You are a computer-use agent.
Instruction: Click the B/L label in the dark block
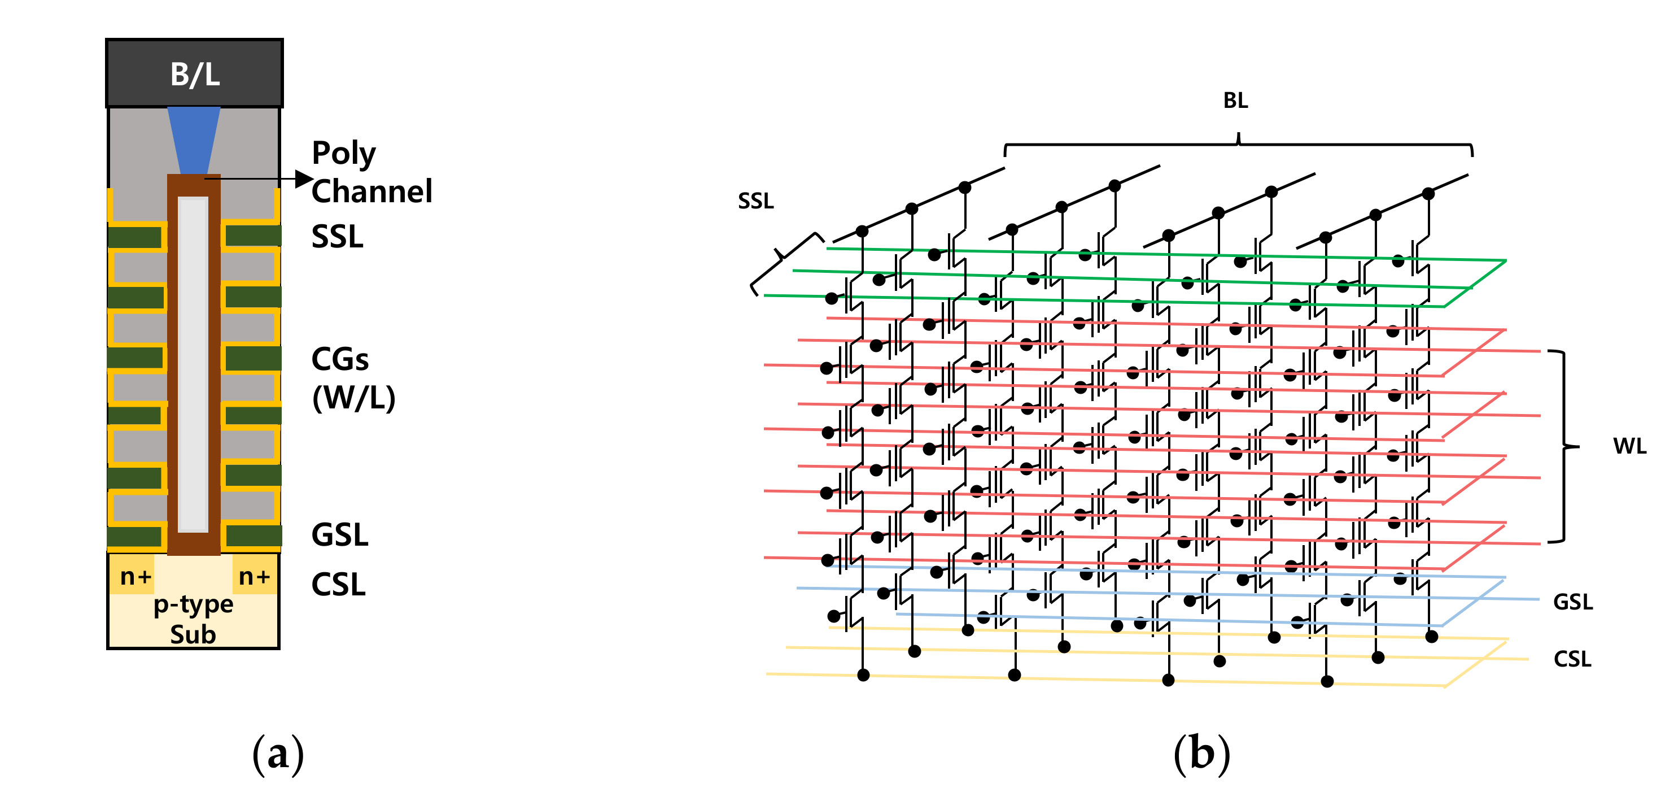195,74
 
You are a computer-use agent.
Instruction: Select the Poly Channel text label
371,172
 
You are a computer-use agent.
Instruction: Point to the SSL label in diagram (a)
337,237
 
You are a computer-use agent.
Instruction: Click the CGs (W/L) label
353,378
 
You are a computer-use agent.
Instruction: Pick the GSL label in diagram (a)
339,535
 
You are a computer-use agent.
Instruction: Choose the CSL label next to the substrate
338,585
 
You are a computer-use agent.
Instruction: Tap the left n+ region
135,576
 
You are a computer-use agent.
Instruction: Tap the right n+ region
254,576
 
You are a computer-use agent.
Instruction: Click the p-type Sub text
193,619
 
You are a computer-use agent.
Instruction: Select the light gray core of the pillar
193,364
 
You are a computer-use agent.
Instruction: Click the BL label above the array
1235,101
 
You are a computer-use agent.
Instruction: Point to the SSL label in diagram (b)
756,201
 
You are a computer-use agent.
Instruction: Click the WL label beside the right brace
1629,446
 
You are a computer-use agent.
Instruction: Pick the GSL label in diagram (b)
1572,602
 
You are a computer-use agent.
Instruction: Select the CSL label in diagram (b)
1572,659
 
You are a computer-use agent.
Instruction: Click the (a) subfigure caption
278,754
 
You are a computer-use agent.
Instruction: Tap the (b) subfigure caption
1201,754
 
